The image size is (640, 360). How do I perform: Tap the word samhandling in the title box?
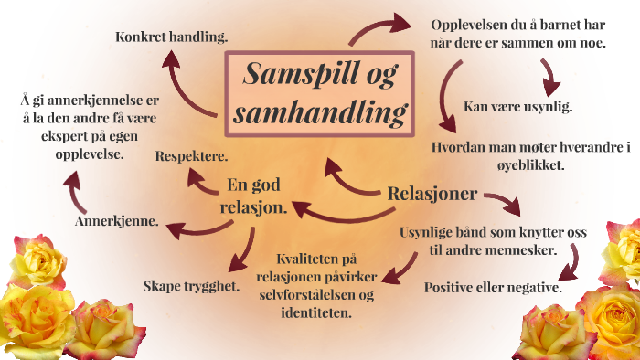coord(318,112)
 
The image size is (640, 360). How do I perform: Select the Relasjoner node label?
coord(432,194)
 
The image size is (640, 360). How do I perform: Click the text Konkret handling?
coord(172,37)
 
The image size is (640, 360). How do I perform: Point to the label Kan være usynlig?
coord(518,106)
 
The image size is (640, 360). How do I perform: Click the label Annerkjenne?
coord(115,221)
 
